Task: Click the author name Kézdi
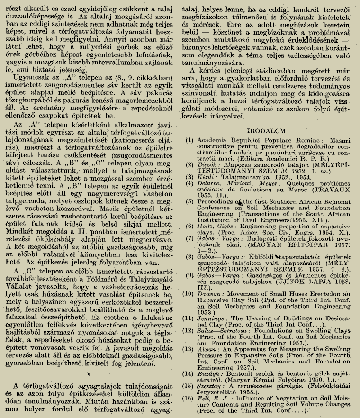pos(207,174)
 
